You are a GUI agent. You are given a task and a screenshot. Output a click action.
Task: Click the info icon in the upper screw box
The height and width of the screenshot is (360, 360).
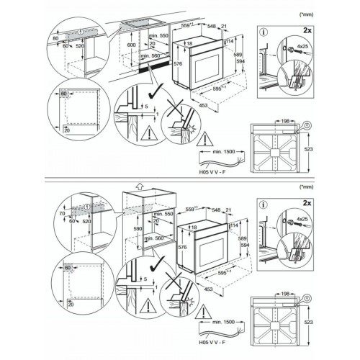[264, 32]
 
